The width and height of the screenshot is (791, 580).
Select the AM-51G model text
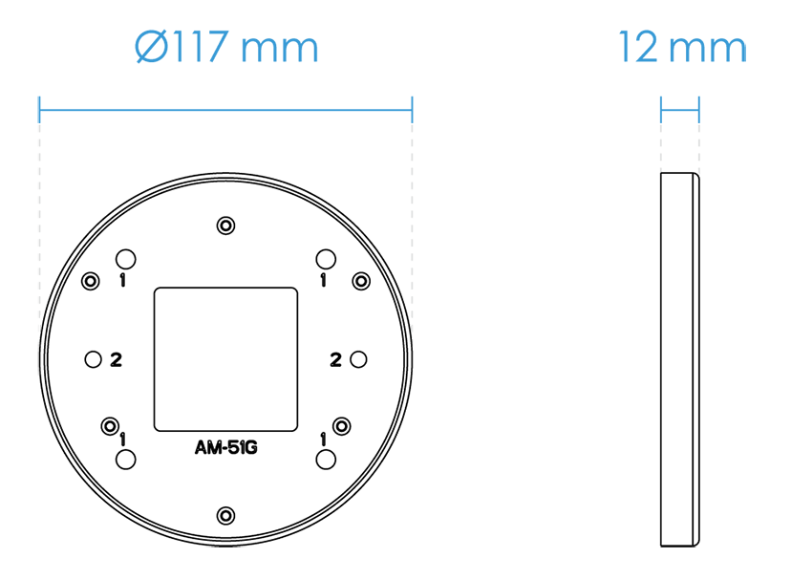point(225,448)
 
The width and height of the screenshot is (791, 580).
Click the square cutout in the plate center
point(225,358)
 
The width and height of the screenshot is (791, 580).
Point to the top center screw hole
point(225,226)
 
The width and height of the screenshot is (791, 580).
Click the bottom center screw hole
point(225,514)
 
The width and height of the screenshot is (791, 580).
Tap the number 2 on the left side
point(116,359)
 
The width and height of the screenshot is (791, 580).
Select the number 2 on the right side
point(335,359)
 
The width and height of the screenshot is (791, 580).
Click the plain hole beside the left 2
point(93,359)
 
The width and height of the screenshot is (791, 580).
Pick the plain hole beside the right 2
point(358,359)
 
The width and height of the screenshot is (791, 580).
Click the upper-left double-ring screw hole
point(91,281)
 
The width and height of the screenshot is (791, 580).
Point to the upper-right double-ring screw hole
point(361,281)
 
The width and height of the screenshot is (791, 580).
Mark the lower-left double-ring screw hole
point(110,425)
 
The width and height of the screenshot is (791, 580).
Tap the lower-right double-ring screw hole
point(342,425)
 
